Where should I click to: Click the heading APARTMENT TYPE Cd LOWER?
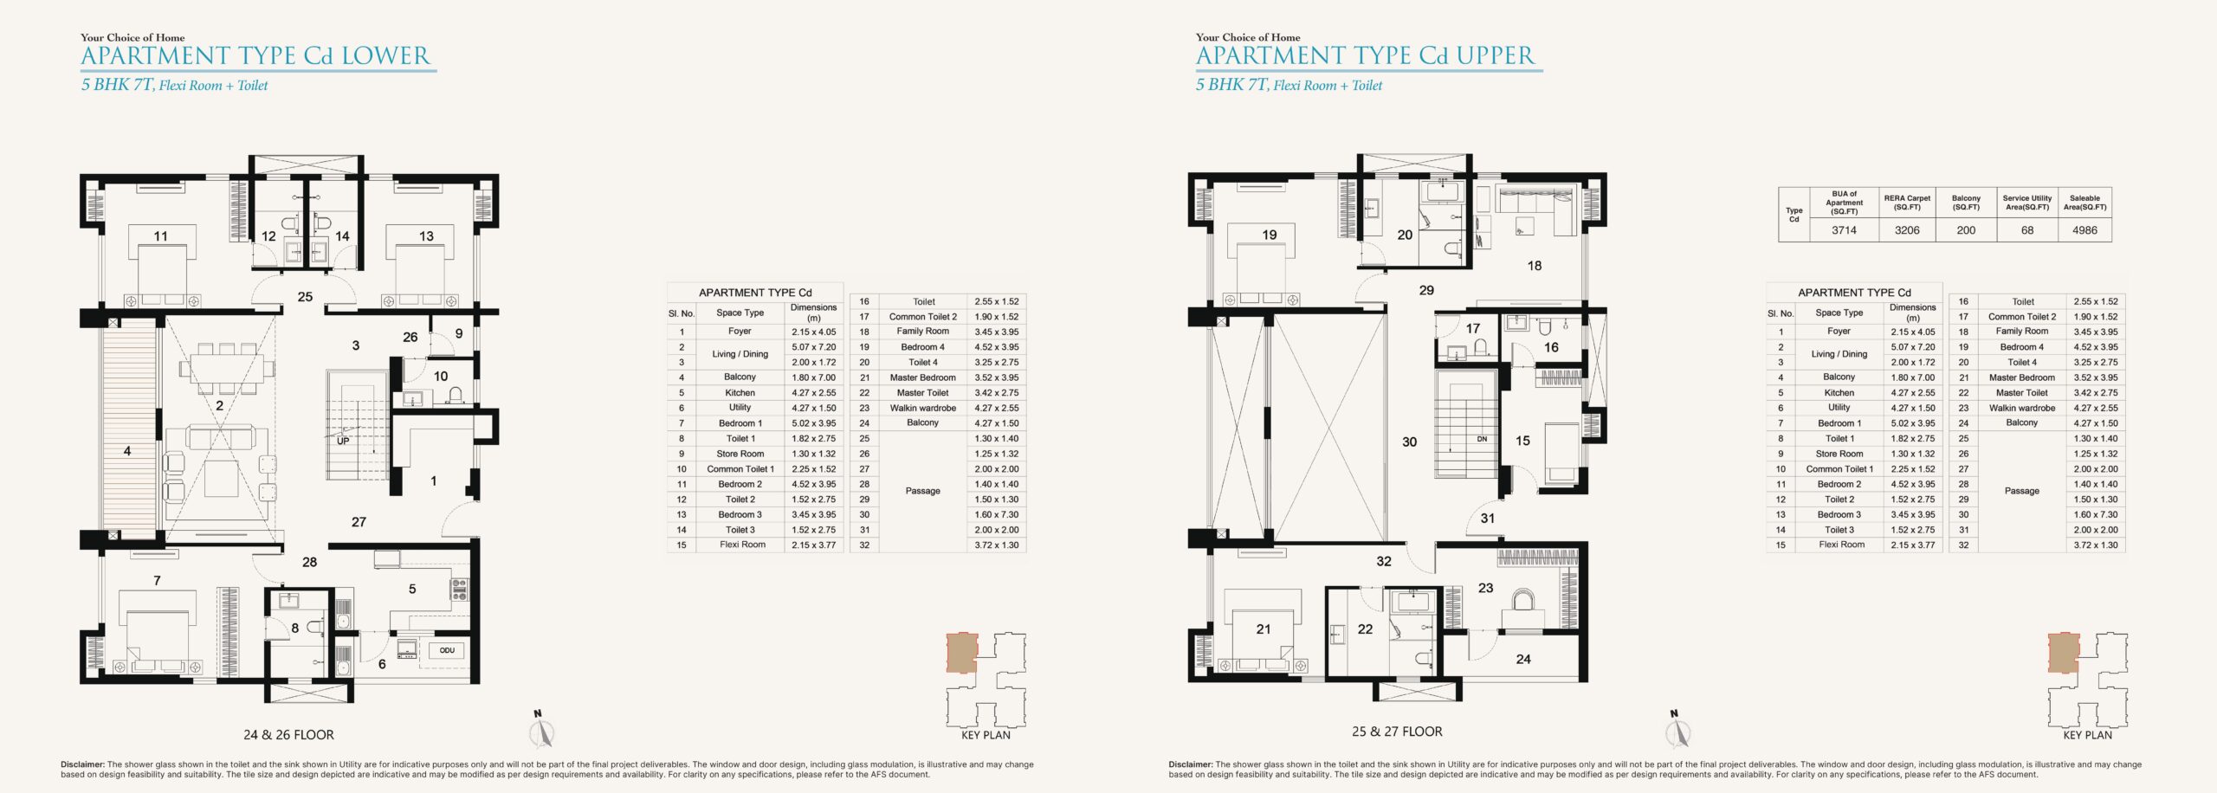point(255,56)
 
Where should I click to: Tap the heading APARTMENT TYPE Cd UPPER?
point(1366,56)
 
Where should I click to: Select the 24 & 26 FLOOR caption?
point(288,735)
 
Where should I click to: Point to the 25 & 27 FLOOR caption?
point(1397,732)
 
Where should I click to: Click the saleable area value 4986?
point(2084,230)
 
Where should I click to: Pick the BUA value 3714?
point(1844,230)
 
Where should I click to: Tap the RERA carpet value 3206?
point(1907,230)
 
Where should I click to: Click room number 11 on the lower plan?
point(161,235)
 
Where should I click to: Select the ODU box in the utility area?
point(447,650)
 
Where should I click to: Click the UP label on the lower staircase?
point(343,441)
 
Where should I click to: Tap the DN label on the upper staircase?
point(1482,439)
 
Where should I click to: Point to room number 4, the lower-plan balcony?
point(127,451)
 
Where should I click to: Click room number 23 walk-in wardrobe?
point(1486,588)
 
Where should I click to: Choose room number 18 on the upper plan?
point(1535,266)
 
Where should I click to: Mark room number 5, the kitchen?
point(412,590)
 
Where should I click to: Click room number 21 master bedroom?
point(1264,629)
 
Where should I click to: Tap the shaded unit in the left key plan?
point(961,654)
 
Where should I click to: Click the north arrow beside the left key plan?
point(541,730)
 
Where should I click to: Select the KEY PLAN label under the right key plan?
point(2087,735)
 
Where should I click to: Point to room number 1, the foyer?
point(434,481)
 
